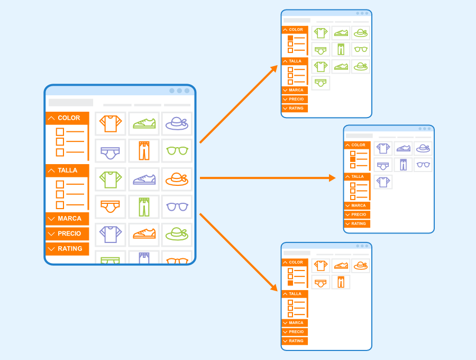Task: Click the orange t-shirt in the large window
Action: (111, 124)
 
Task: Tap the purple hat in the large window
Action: (177, 124)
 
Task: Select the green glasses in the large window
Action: (177, 150)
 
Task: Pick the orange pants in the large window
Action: (144, 151)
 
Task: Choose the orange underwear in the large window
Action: (110, 206)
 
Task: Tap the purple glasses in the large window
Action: (177, 207)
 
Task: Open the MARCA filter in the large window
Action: (67, 219)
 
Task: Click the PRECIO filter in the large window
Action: (67, 233)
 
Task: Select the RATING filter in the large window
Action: (67, 249)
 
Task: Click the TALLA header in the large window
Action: (67, 170)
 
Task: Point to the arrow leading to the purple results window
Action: (268, 178)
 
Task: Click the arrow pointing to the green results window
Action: (239, 104)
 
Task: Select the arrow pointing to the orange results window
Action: (239, 253)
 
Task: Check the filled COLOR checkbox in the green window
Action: (290, 38)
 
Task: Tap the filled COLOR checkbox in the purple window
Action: (353, 159)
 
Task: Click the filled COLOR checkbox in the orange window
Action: (290, 283)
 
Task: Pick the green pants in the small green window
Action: (341, 49)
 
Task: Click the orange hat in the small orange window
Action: (361, 266)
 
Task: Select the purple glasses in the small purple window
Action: (423, 165)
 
